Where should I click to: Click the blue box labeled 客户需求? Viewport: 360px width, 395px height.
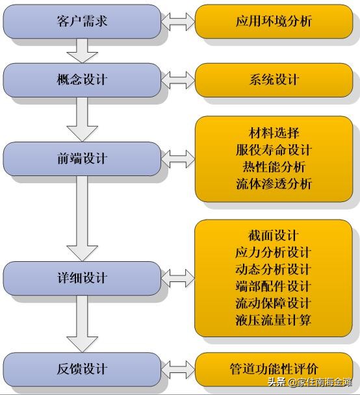[x=81, y=21]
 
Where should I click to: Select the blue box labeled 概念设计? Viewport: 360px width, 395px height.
[x=81, y=80]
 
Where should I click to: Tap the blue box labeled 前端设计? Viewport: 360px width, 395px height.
[x=81, y=159]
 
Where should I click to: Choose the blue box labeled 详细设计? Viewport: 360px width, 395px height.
[x=81, y=277]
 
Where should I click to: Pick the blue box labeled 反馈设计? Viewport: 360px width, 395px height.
[x=81, y=368]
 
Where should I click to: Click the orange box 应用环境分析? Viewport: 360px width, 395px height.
[x=274, y=21]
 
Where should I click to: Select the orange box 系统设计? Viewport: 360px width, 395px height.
[x=274, y=80]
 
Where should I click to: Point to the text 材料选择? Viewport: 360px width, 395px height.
[x=274, y=133]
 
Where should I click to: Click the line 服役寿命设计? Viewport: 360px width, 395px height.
[x=274, y=150]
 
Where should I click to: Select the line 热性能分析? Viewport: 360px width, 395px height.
[x=274, y=167]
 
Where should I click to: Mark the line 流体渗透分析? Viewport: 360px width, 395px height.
[x=274, y=184]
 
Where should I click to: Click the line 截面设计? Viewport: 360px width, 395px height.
[x=274, y=235]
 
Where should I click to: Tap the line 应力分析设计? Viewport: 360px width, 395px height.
[x=274, y=252]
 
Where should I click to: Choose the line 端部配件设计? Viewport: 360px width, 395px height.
[x=274, y=286]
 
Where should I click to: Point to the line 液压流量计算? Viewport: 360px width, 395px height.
[x=274, y=320]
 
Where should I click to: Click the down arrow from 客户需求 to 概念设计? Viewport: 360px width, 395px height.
[x=82, y=49]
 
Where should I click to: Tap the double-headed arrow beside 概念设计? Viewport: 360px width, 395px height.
[x=177, y=80]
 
